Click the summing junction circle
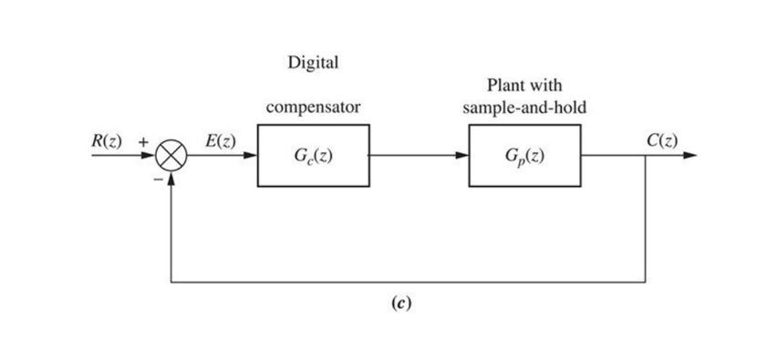(171, 156)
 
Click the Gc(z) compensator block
(313, 156)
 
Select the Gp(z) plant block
(524, 156)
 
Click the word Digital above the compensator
(313, 63)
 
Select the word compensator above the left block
(313, 108)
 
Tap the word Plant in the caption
(505, 87)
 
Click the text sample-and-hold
(524, 108)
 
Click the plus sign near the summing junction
(142, 142)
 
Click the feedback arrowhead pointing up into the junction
(171, 177)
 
